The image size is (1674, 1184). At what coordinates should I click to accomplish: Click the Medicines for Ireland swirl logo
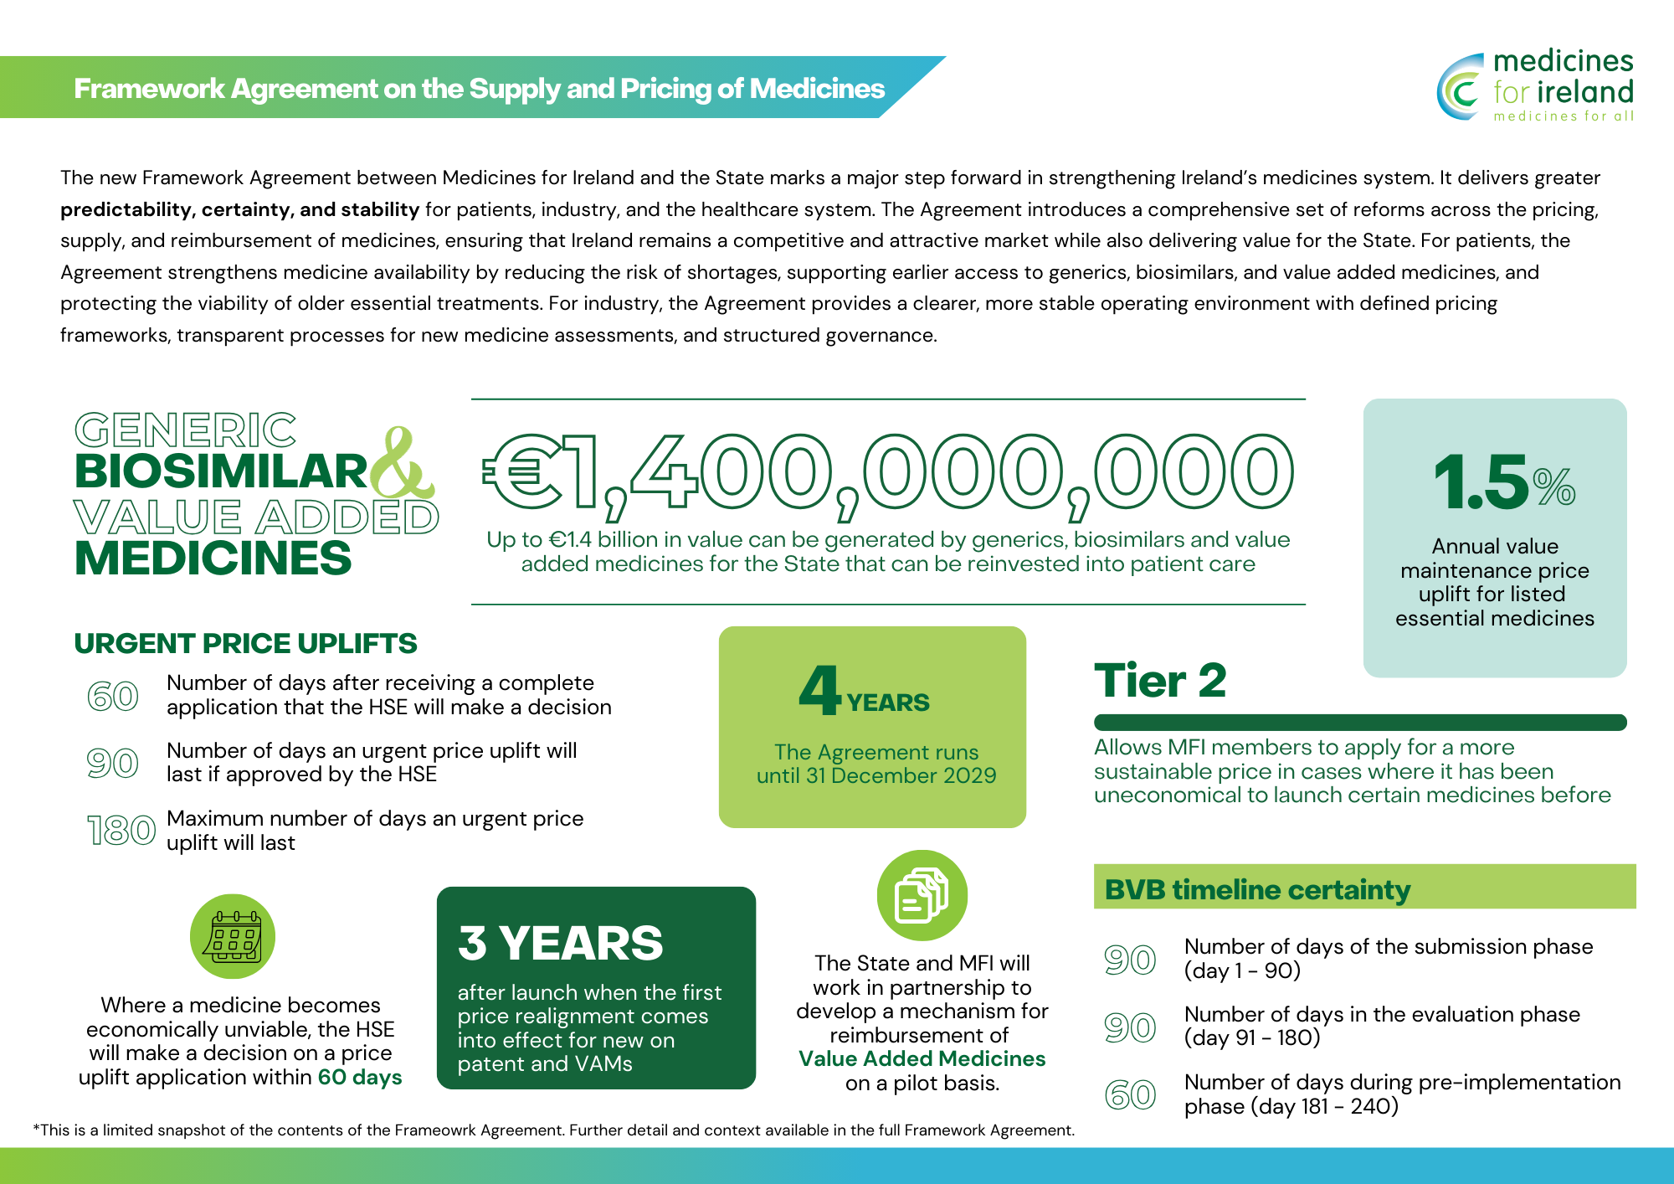coord(1461,87)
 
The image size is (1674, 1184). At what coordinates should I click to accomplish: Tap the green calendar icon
coord(233,936)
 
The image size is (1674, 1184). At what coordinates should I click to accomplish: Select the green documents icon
coord(922,895)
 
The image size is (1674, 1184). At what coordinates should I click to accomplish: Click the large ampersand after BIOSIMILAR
coord(403,465)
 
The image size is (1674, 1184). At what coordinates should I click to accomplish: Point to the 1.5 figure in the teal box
coord(1481,482)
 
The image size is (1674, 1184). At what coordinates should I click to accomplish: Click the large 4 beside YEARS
coord(819,690)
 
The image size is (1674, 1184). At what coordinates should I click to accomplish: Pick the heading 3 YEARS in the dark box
coord(560,943)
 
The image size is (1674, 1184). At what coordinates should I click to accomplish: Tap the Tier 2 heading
coord(1160,680)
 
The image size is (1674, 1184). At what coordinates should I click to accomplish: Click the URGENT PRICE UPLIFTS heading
coord(245,643)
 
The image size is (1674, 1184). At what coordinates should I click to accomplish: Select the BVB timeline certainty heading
coord(1257,889)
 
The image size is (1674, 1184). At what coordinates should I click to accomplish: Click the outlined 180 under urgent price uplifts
coord(121,831)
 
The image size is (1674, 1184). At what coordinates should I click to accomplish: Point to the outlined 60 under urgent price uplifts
coord(113,696)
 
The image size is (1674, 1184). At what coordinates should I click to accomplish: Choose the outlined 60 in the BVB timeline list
coord(1130,1094)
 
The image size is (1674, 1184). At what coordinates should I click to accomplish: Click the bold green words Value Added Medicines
coord(922,1058)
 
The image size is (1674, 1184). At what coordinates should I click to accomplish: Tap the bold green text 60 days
coord(360,1077)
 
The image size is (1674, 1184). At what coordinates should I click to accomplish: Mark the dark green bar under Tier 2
coord(1360,723)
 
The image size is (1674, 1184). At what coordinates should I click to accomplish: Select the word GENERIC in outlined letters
coord(185,430)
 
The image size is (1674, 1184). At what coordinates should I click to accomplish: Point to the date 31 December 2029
coord(901,775)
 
